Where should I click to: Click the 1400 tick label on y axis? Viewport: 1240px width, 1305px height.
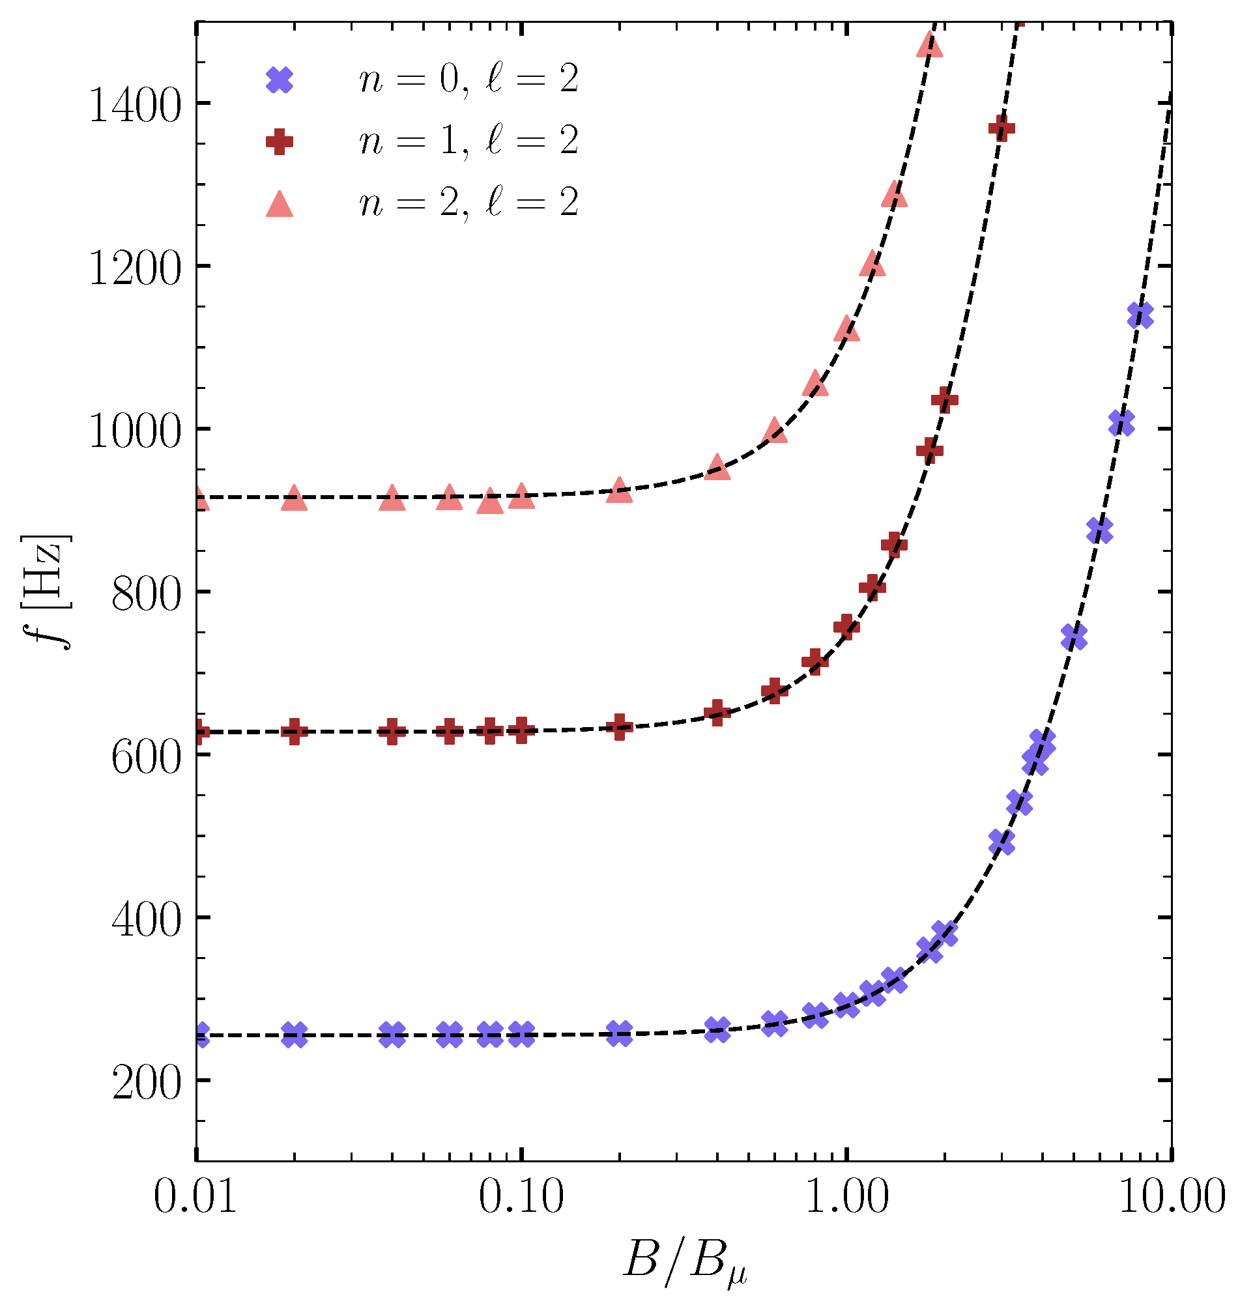tap(134, 107)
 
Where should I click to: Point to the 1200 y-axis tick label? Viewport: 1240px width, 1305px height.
tap(134, 270)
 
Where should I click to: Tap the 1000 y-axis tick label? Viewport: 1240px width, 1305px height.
tap(134, 433)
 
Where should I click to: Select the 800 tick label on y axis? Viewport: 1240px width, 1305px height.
tap(145, 595)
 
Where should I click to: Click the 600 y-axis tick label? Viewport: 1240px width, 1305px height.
tap(145, 758)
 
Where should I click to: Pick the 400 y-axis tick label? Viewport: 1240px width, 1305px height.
tap(145, 921)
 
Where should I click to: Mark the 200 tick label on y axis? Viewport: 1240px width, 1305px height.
tap(145, 1083)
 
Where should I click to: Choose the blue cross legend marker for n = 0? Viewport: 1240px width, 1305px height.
tap(279, 80)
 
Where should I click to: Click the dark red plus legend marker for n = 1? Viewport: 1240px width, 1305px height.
tap(279, 141)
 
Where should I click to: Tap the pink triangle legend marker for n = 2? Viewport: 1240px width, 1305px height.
tap(279, 203)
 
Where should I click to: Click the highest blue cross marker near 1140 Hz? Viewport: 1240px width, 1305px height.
tap(1140, 315)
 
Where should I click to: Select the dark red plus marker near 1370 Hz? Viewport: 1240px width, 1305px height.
tap(1002, 128)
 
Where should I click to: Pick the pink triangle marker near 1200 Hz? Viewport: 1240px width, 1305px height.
tap(872, 264)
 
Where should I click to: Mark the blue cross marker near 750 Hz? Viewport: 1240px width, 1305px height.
tap(1074, 637)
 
